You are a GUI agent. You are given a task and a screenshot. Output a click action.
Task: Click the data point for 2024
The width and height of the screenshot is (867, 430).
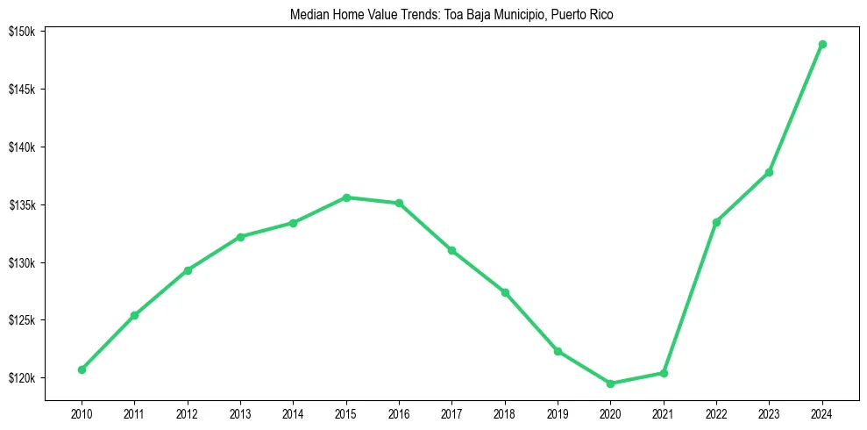coord(822,44)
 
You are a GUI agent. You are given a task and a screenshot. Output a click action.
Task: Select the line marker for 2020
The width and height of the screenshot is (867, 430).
coord(610,383)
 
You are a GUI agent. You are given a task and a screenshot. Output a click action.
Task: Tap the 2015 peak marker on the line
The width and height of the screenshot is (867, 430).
coord(346,197)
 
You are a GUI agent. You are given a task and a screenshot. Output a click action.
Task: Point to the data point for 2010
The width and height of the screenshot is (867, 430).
coord(82,369)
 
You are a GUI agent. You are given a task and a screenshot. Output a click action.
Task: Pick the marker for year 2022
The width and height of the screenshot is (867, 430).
coord(716,222)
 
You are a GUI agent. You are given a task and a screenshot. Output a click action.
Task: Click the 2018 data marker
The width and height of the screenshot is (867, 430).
coord(505,292)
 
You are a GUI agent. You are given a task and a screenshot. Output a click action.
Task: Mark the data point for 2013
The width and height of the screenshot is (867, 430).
coord(240,237)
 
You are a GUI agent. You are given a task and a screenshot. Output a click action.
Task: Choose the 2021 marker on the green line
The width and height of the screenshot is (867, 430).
coord(664,373)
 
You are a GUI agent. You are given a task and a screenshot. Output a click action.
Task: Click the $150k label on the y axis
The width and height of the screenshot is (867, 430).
coord(22,32)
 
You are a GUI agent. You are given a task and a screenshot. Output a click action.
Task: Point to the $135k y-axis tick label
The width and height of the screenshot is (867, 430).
coord(22,205)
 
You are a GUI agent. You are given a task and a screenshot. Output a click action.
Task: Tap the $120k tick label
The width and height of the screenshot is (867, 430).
coord(22,378)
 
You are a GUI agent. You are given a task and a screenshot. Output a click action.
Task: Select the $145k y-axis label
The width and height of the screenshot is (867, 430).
coord(22,90)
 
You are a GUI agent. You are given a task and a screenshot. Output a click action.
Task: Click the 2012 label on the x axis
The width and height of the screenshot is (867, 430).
coord(188,412)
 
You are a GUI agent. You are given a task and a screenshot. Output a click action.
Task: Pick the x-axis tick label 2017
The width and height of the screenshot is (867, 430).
coord(452,412)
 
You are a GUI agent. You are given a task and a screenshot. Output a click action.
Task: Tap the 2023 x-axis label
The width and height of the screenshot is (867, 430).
coord(770,412)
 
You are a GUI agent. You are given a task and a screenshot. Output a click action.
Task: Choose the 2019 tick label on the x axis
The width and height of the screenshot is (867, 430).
coord(558,412)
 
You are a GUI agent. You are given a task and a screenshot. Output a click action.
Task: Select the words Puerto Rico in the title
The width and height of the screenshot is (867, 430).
coord(583,15)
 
